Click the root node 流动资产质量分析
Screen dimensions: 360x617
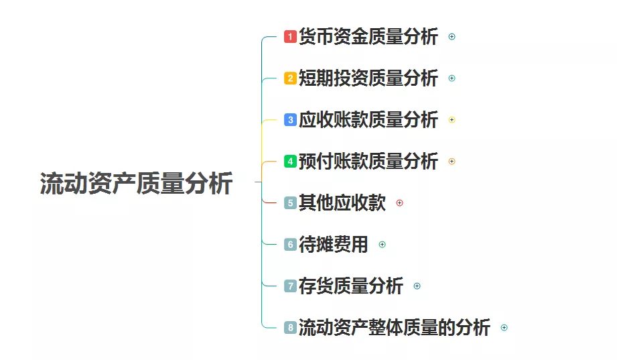tap(136, 183)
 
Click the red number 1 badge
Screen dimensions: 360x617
tap(290, 37)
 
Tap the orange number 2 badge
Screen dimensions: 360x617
tap(290, 78)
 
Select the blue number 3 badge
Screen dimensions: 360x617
tap(290, 120)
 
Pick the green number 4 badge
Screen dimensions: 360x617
tap(290, 162)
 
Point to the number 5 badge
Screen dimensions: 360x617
tap(290, 203)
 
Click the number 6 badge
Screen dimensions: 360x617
tap(290, 245)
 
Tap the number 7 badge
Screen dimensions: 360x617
tap(290, 286)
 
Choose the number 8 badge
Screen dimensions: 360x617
tap(290, 328)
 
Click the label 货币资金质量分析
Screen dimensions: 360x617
tap(368, 37)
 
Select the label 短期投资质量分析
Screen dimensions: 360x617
tap(368, 78)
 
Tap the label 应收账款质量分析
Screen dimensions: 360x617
tap(368, 120)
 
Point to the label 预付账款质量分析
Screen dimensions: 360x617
tap(368, 162)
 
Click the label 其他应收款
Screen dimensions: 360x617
tap(342, 203)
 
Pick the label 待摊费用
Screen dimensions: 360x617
tap(333, 245)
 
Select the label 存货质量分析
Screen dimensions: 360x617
tap(350, 286)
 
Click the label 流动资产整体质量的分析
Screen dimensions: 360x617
tap(394, 328)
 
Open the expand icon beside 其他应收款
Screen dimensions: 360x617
tap(400, 203)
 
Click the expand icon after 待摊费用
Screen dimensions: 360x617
tap(383, 245)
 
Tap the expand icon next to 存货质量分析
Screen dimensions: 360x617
tap(417, 286)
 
